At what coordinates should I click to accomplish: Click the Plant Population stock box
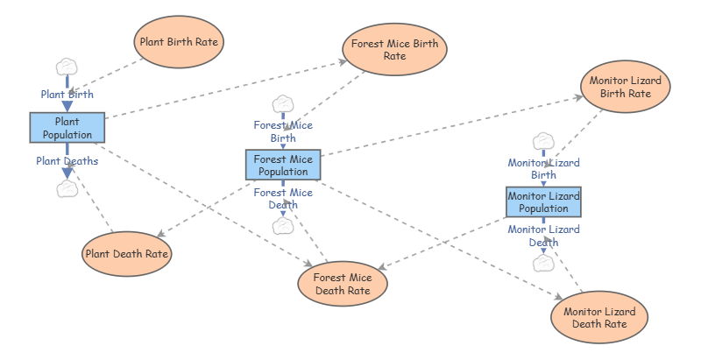pos(67,128)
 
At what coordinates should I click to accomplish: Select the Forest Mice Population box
pos(283,165)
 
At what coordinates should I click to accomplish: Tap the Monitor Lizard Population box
pos(543,202)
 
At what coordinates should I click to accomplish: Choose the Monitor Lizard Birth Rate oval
pos(626,87)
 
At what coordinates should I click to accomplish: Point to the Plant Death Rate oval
pos(126,254)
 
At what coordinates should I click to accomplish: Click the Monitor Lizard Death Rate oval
pos(599,317)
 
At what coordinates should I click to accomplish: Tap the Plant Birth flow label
pos(67,94)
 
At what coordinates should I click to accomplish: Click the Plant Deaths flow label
pos(67,161)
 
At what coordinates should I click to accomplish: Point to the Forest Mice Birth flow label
pos(283,131)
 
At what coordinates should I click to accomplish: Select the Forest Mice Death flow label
pos(283,199)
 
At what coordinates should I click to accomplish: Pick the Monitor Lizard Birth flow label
pos(543,168)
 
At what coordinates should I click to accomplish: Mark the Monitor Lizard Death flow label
pos(543,236)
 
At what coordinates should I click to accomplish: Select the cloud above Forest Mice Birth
pos(282,104)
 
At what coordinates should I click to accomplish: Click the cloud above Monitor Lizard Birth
pos(544,140)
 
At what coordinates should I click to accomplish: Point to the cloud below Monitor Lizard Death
pos(544,260)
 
